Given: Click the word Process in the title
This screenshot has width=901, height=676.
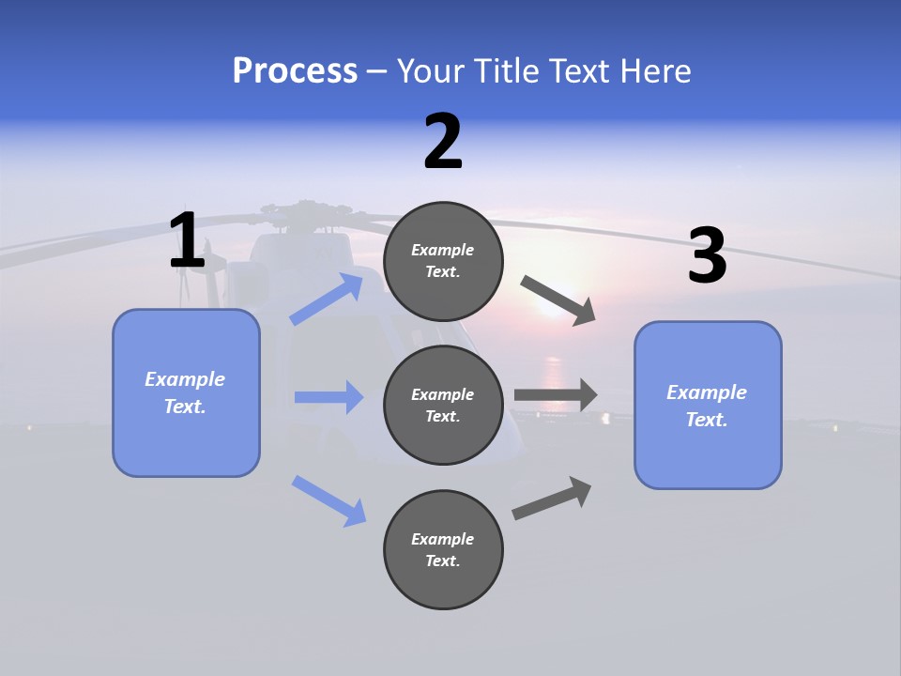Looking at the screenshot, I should [295, 71].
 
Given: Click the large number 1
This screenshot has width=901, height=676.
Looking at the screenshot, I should [187, 241].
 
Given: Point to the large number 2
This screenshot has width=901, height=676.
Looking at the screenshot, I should [443, 143].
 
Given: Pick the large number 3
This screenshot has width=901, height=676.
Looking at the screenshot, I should [707, 256].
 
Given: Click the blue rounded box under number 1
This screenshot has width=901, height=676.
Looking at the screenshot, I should [186, 392].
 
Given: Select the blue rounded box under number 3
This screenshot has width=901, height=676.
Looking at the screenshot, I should [708, 406].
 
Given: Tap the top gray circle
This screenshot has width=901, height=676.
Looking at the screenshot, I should [443, 261].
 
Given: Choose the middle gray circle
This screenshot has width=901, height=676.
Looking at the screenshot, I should [443, 405].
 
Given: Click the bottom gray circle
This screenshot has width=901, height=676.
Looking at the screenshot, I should [443, 549].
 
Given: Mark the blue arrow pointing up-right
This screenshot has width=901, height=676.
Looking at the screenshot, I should [327, 300].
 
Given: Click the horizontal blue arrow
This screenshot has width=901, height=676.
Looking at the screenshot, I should [328, 397].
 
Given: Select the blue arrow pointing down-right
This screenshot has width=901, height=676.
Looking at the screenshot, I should [328, 500].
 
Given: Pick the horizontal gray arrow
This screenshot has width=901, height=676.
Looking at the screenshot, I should [556, 394].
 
